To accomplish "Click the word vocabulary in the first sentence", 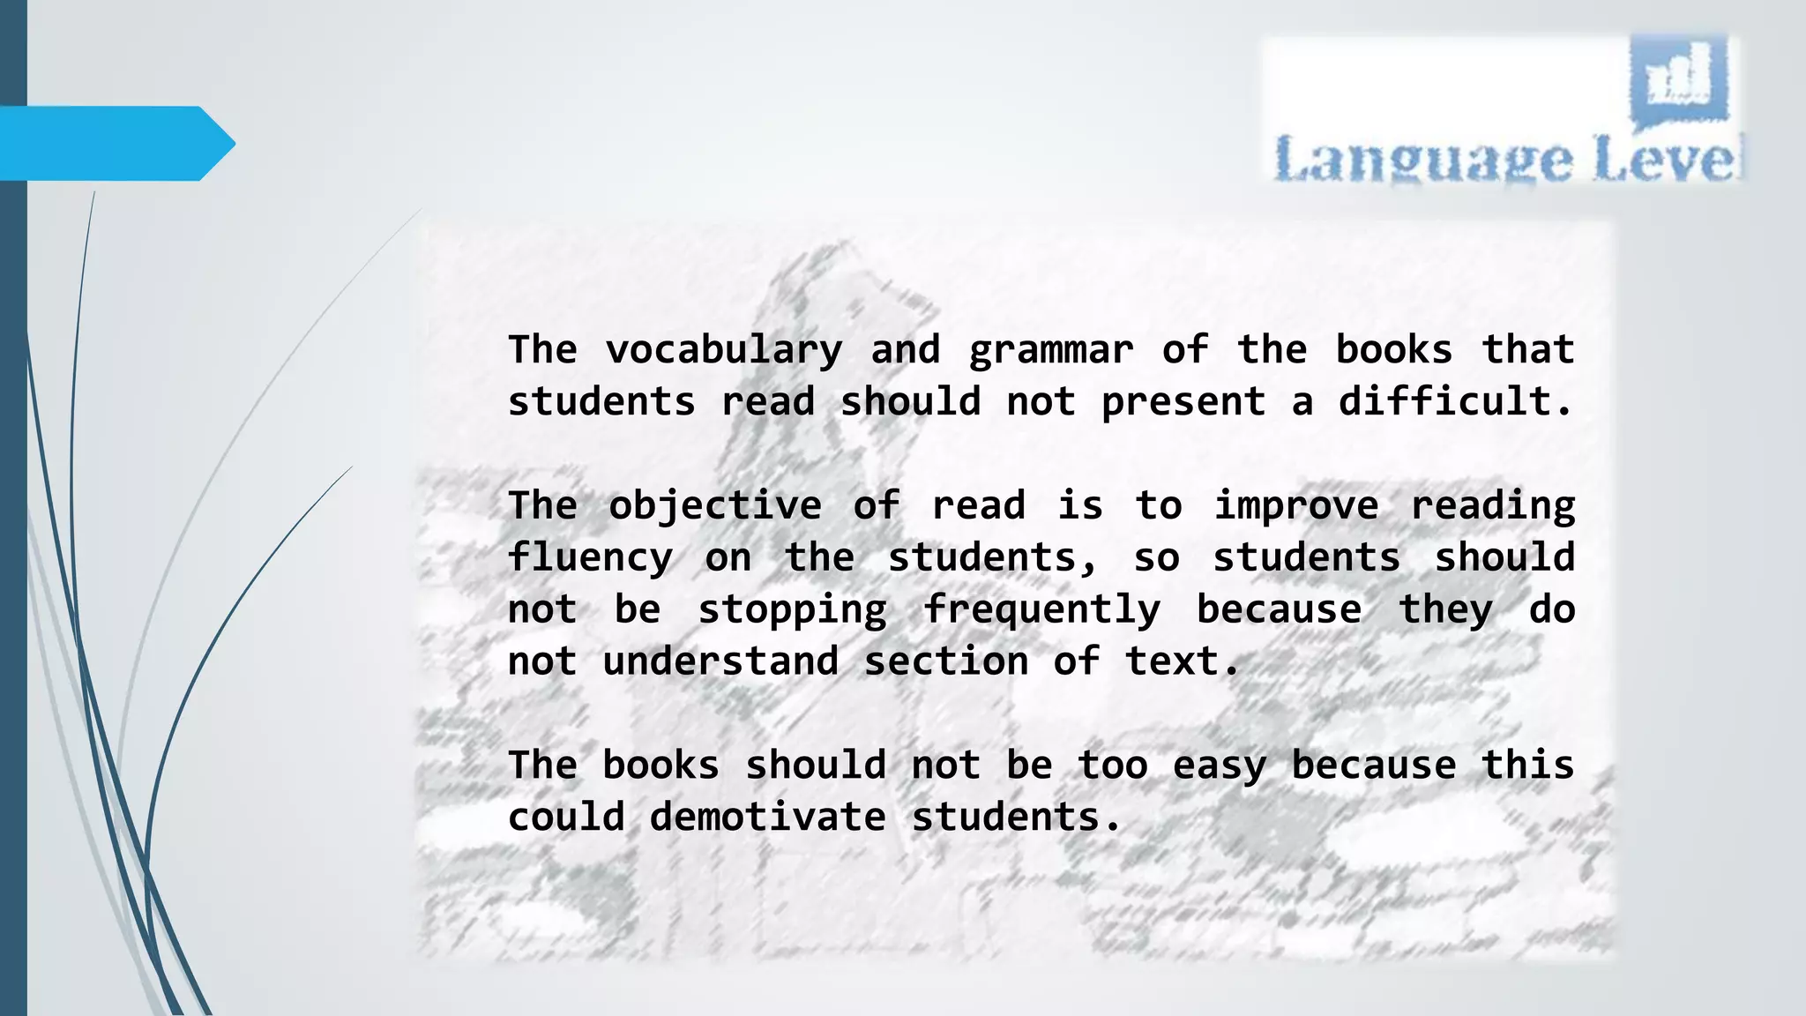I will [x=723, y=351].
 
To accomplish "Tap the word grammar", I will [x=1050, y=351].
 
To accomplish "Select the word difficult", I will [x=1455, y=402].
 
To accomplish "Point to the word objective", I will [x=714, y=506].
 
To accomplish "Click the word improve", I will [x=1295, y=506].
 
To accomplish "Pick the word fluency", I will [x=590, y=558].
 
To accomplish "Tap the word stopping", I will [x=792, y=610].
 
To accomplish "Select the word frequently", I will [x=1041, y=610].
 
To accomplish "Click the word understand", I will [x=720, y=661].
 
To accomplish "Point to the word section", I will [x=945, y=661].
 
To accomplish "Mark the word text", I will [x=1182, y=661].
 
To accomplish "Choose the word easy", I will [x=1219, y=766].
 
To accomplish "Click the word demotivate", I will [x=767, y=818].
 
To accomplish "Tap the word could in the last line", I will [x=566, y=818].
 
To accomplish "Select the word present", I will [x=1183, y=402].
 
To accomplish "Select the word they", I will [x=1446, y=610].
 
